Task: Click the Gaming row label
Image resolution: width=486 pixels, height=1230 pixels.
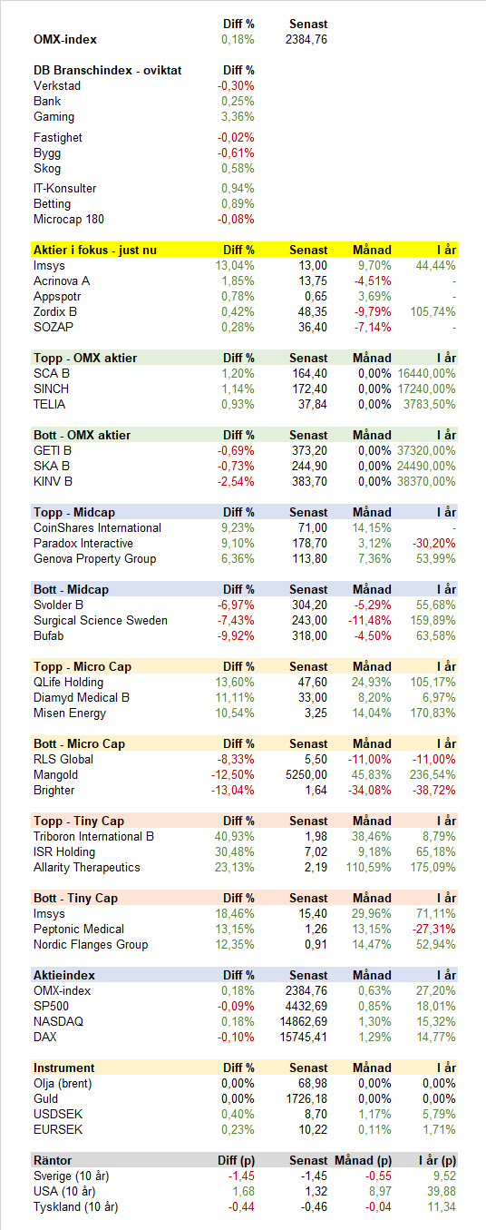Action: coord(53,117)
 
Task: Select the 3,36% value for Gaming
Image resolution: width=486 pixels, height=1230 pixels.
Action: coord(238,116)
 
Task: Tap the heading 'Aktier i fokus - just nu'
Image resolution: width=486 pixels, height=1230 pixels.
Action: coord(95,250)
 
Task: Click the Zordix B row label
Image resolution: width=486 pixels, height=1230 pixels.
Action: coord(54,312)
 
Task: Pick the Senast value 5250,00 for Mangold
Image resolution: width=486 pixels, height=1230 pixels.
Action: coord(306,775)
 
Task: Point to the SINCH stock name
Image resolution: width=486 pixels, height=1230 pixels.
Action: coord(51,389)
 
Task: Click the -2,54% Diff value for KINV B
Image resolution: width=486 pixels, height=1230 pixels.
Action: coord(236,482)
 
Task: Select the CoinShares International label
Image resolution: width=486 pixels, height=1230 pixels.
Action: coord(97,527)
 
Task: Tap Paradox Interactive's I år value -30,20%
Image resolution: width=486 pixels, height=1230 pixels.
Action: coord(434,543)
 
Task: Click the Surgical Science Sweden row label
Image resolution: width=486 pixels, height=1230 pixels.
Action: coord(101,621)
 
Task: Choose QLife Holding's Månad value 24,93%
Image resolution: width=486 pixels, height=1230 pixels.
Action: coord(372,682)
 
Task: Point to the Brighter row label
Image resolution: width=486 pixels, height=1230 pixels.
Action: coord(53,790)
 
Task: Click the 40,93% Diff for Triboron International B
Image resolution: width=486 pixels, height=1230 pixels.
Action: coord(235,836)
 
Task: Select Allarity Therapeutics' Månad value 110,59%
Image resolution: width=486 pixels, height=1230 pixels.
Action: coord(369,867)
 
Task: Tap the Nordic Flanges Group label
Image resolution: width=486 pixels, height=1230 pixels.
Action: coord(91,944)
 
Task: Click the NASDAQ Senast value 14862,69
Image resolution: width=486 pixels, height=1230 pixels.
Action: coord(304,1021)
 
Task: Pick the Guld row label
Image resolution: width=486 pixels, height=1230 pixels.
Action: coord(45,1098)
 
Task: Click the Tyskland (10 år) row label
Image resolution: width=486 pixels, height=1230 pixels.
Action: coord(75,1207)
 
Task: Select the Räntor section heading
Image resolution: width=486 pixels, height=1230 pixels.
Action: coord(53,1160)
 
